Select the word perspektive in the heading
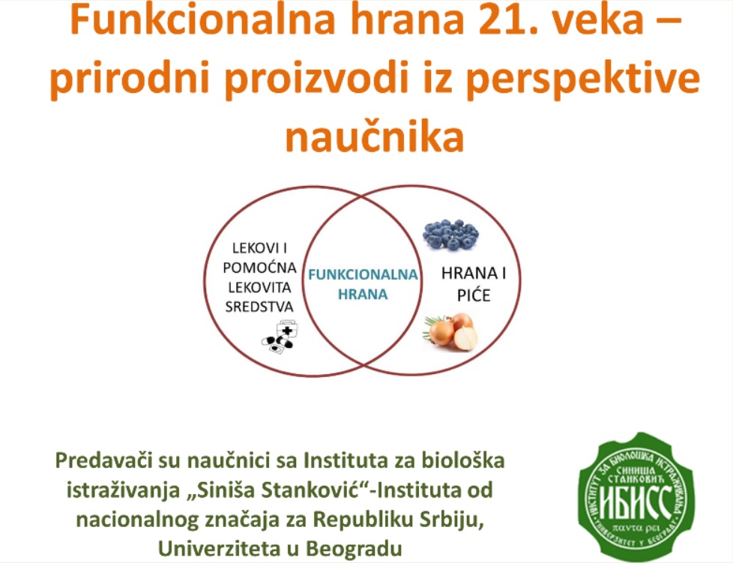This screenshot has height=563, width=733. tap(583, 78)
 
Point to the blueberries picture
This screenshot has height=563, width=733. tap(450, 235)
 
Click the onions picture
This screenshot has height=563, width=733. tap(450, 331)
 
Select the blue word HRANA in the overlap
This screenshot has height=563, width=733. tap(363, 295)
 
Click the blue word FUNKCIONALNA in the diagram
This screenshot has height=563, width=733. tap(363, 274)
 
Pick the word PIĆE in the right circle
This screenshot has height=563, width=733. tap(474, 295)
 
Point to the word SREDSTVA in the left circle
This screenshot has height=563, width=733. tap(259, 307)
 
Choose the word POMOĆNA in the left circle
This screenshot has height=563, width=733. tap(259, 268)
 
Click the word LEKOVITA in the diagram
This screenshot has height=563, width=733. tap(259, 287)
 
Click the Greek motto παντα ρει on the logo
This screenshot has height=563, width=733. tap(636, 529)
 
